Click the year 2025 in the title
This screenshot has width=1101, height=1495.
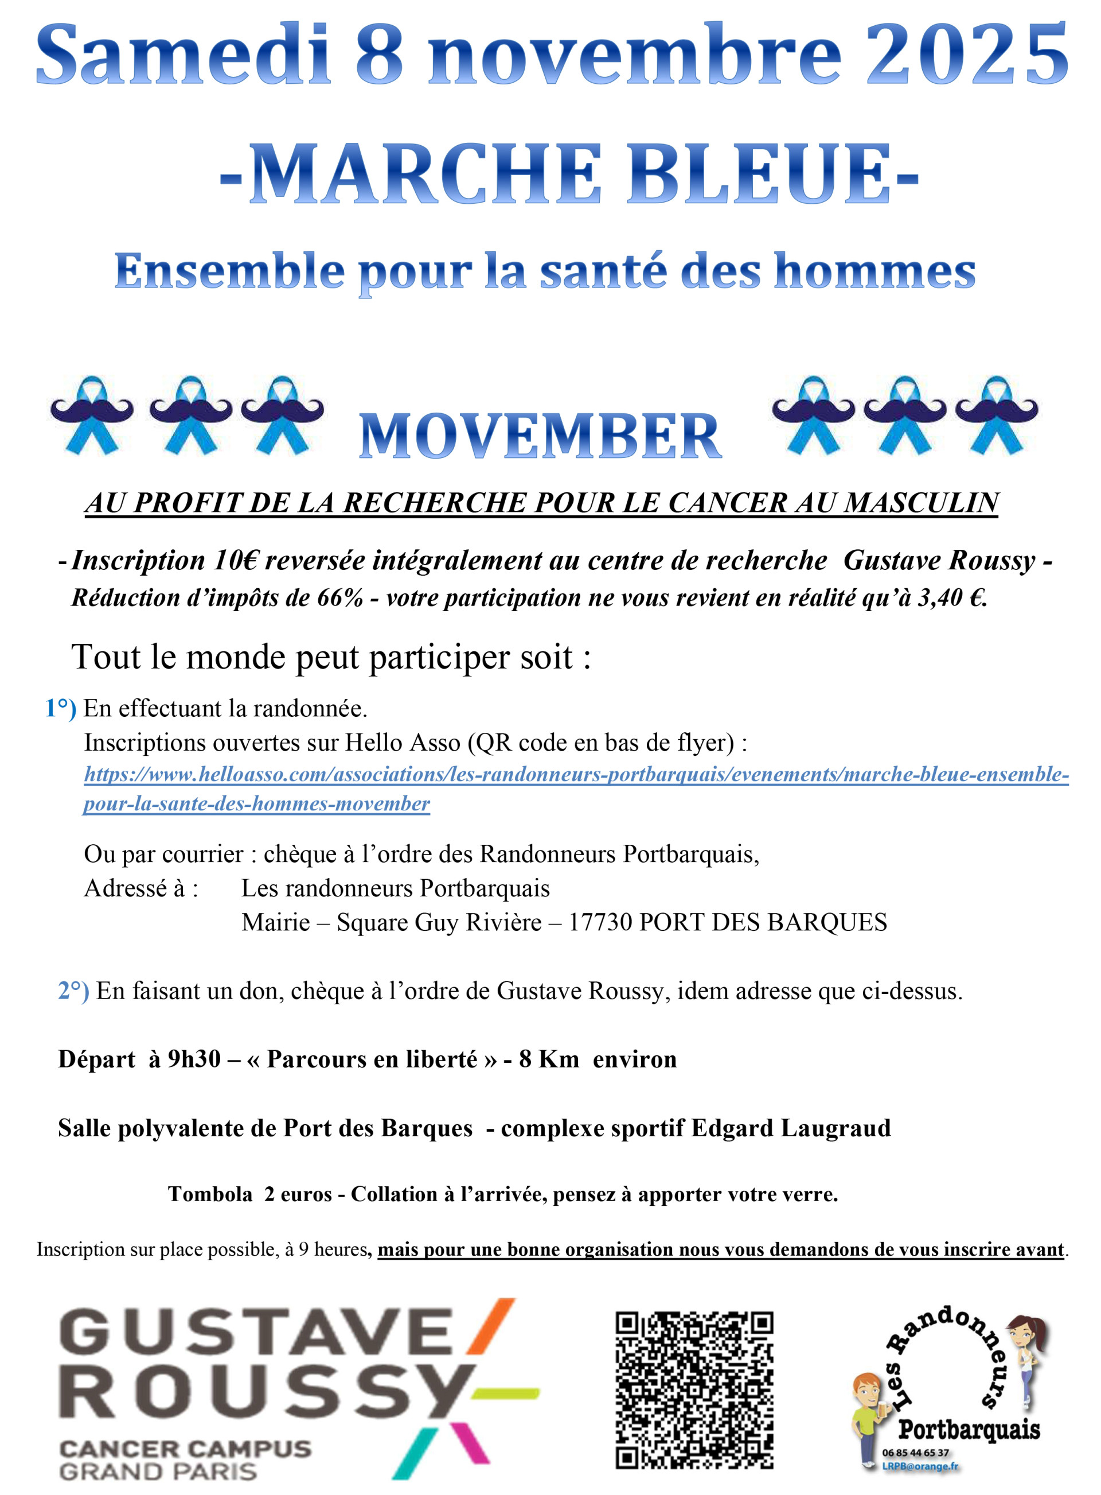coord(966,55)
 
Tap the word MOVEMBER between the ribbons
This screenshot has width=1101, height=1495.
coord(540,437)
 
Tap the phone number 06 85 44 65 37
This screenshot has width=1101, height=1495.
coord(915,1453)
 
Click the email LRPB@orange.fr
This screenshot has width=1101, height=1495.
coord(920,1466)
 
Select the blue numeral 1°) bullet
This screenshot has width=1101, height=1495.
coord(60,708)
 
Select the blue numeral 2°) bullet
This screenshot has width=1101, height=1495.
coord(73,991)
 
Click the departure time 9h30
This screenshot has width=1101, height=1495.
coord(194,1059)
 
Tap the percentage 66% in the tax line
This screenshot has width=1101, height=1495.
coord(340,598)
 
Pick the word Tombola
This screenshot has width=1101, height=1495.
coord(210,1194)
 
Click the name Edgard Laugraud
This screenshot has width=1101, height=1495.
coord(790,1128)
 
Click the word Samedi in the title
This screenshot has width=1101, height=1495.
coord(183,55)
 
